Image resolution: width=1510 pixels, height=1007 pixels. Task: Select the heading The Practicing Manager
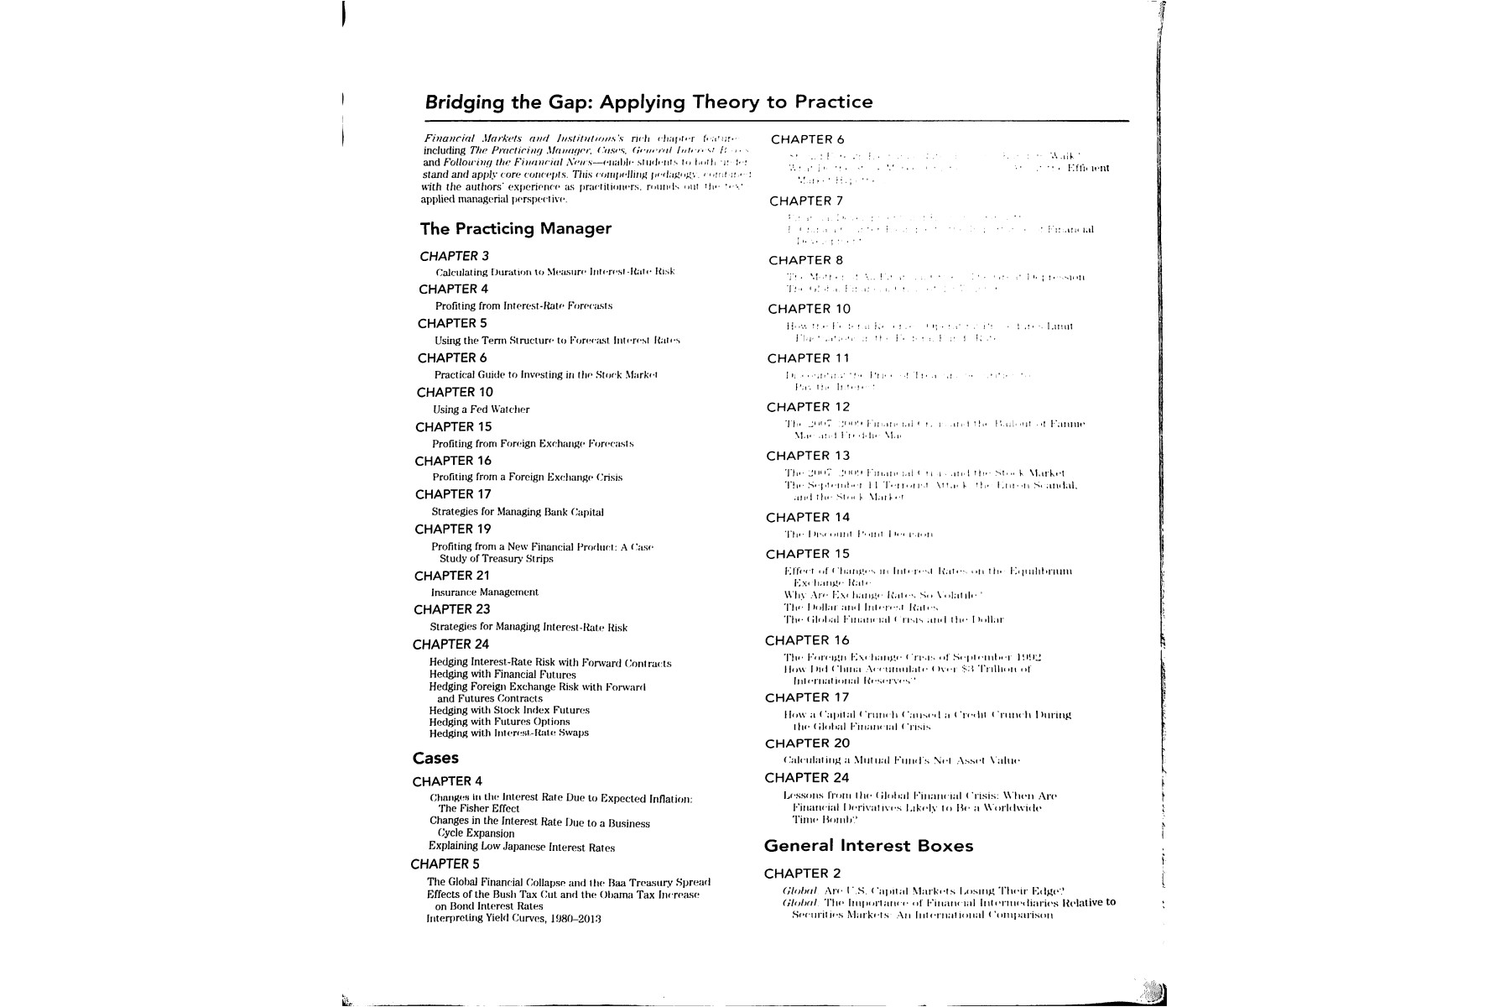515,228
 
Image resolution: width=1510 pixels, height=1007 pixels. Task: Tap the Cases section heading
435,758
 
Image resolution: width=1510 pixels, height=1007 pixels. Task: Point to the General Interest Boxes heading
868,846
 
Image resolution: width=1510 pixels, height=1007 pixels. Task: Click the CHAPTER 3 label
454,256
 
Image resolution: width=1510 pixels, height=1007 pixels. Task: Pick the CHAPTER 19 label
452,529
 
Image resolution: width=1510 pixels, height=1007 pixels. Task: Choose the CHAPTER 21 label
451,576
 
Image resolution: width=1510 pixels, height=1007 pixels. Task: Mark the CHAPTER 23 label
451,609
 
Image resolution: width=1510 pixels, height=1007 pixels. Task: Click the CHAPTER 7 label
805,201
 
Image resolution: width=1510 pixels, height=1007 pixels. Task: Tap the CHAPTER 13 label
807,456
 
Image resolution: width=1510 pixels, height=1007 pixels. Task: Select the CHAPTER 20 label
807,744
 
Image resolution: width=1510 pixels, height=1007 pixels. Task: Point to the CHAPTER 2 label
802,873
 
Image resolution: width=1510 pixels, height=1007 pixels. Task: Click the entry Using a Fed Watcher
481,410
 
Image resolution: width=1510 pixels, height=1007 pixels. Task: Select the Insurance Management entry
484,592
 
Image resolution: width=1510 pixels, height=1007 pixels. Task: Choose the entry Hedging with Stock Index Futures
508,710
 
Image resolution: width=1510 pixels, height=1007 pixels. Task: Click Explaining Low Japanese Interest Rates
521,848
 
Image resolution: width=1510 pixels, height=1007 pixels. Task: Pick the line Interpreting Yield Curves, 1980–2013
513,918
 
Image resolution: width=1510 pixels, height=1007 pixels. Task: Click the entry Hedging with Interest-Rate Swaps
508,733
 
